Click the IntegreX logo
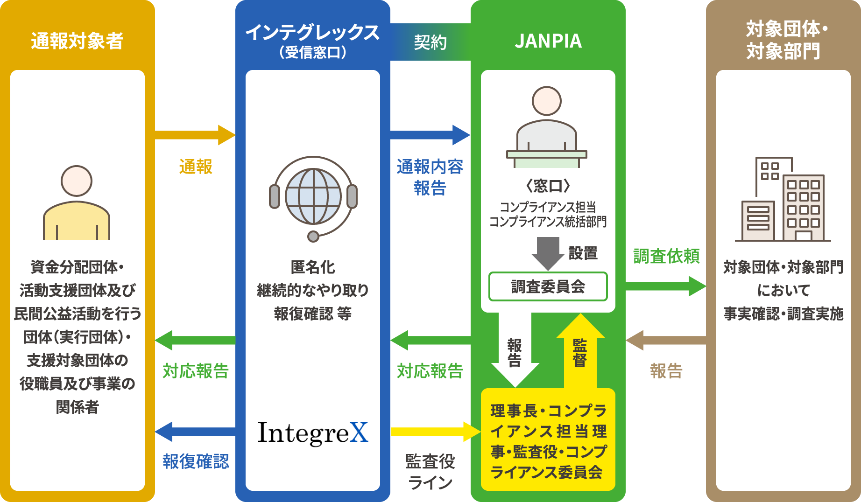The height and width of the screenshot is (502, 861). point(313,433)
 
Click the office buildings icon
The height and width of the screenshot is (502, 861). point(783,199)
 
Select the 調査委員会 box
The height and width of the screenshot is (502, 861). point(548,286)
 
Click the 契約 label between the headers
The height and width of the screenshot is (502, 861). point(430,42)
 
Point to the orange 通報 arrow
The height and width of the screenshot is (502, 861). point(195,135)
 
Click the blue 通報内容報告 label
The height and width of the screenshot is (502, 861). point(430,177)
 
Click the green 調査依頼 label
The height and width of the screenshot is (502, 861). point(666,256)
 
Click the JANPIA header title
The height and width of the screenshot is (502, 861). point(548,42)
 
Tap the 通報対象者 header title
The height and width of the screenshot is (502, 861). point(77,41)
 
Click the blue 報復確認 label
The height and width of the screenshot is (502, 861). point(196,461)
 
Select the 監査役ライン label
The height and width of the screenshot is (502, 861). point(430,471)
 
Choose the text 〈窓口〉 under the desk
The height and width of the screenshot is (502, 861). point(548,186)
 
